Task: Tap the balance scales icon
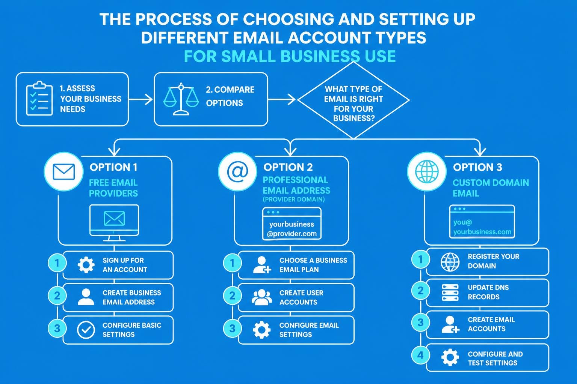tap(181, 99)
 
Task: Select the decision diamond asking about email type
tap(353, 100)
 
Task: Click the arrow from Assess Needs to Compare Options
tap(140, 99)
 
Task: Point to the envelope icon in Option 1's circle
tap(63, 172)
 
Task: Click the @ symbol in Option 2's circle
tap(237, 171)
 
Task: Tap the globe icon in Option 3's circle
tap(427, 171)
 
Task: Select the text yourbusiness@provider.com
tap(292, 229)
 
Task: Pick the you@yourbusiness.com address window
tap(482, 222)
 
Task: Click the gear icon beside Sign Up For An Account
tap(86, 265)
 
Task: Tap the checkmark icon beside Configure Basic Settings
tap(86, 330)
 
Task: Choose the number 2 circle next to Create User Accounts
tap(233, 295)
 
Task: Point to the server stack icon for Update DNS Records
tap(450, 292)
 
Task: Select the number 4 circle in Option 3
tap(421, 355)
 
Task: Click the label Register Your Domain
tap(493, 261)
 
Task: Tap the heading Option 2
tap(288, 167)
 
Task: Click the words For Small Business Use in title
tap(290, 56)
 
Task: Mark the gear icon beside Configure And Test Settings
tap(450, 357)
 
